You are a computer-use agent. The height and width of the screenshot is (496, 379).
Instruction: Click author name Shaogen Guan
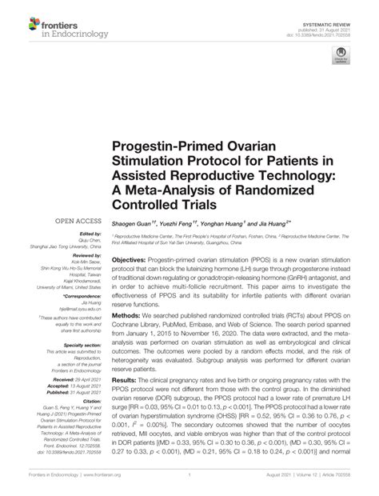click(132, 223)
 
